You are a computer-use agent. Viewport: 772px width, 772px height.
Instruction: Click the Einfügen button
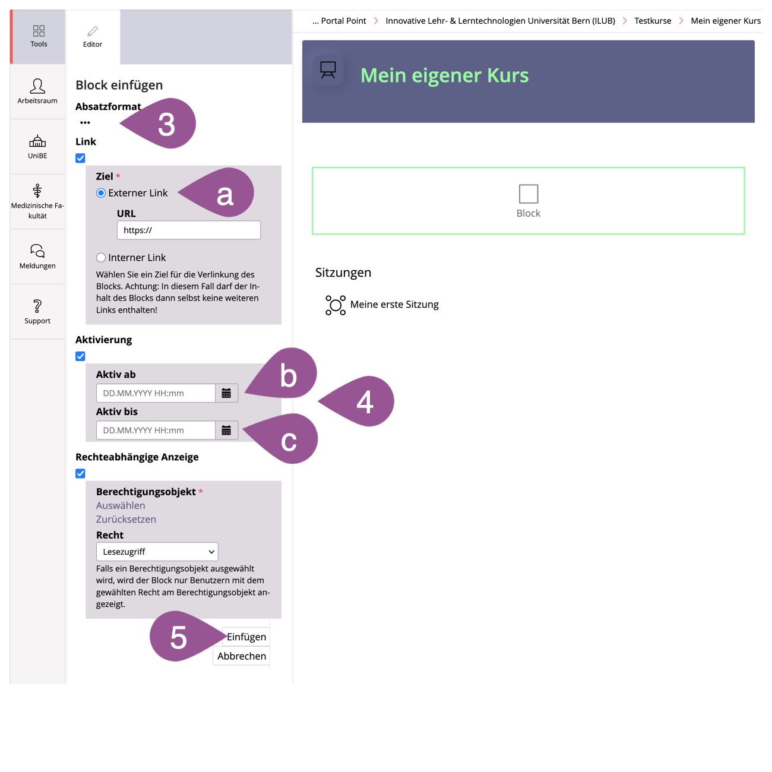[x=246, y=637]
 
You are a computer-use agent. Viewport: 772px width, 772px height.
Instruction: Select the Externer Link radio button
[x=101, y=193]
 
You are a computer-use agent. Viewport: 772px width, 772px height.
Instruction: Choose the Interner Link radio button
[x=101, y=258]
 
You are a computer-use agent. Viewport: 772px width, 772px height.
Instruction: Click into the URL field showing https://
[x=188, y=230]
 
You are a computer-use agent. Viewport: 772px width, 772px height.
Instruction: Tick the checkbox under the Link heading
[x=80, y=158]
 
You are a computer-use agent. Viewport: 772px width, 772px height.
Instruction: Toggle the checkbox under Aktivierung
[x=80, y=356]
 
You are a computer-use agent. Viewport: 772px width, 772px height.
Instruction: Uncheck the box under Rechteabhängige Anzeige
[x=80, y=473]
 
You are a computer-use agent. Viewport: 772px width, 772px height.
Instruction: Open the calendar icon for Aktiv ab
[x=226, y=393]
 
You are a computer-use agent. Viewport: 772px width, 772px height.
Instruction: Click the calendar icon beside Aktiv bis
[x=226, y=431]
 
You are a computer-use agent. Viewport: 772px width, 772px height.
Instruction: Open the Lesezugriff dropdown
[x=157, y=552]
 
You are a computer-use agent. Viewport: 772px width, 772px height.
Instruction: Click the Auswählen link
[x=121, y=505]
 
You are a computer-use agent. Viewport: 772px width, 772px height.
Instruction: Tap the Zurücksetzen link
[x=126, y=519]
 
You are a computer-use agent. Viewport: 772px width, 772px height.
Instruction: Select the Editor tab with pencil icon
[x=93, y=37]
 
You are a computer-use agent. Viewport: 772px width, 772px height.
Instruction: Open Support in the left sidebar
[x=37, y=312]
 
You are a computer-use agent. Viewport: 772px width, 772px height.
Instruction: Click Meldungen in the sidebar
[x=37, y=257]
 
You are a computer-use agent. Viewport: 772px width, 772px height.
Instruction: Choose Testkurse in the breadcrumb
[x=653, y=21]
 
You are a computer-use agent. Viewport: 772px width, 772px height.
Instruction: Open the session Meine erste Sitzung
[x=394, y=305]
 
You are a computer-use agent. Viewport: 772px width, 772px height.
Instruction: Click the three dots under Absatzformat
[x=85, y=122]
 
